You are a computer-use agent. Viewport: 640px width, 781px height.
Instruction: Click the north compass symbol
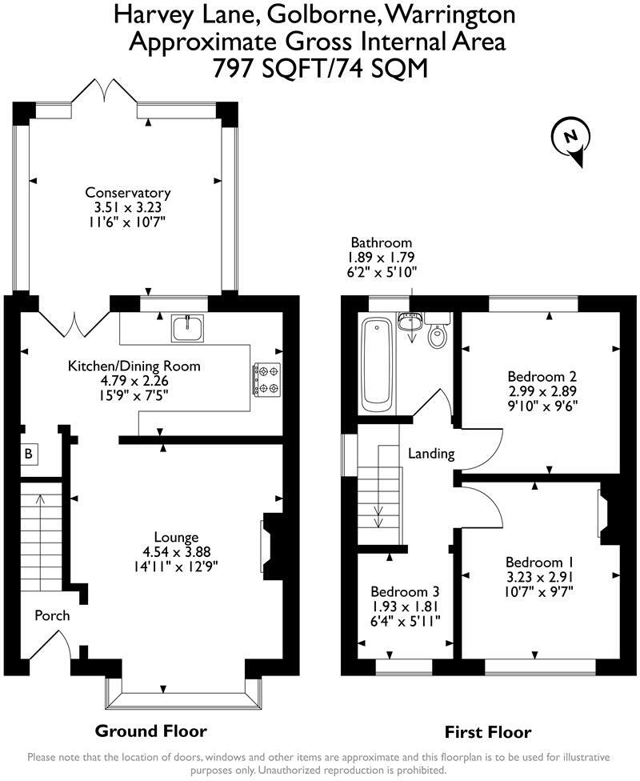click(x=571, y=139)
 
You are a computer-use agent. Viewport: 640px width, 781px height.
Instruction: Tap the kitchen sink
click(x=188, y=328)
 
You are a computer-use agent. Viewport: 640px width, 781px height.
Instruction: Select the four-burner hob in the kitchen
click(x=267, y=379)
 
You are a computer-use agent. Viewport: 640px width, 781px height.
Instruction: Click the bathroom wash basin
click(x=410, y=321)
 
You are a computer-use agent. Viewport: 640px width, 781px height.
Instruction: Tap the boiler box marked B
click(x=29, y=454)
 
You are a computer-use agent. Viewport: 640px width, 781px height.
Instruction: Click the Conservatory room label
click(x=128, y=192)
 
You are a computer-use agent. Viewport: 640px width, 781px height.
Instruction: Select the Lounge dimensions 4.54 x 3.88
click(x=176, y=551)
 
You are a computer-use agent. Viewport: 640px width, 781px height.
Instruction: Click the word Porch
click(x=52, y=615)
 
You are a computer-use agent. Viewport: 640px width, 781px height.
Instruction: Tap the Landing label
click(x=431, y=454)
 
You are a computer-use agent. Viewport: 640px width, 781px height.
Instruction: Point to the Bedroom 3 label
click(x=405, y=591)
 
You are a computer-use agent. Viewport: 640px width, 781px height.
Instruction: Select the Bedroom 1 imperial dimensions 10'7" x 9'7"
click(x=539, y=592)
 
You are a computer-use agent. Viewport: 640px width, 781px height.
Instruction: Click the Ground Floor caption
click(x=151, y=731)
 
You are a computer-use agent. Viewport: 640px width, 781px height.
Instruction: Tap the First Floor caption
click(x=488, y=733)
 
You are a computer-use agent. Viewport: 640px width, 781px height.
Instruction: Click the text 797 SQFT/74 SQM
click(x=320, y=68)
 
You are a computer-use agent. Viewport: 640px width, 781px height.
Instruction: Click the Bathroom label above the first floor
click(x=382, y=242)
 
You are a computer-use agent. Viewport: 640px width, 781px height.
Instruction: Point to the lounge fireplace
click(x=271, y=546)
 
